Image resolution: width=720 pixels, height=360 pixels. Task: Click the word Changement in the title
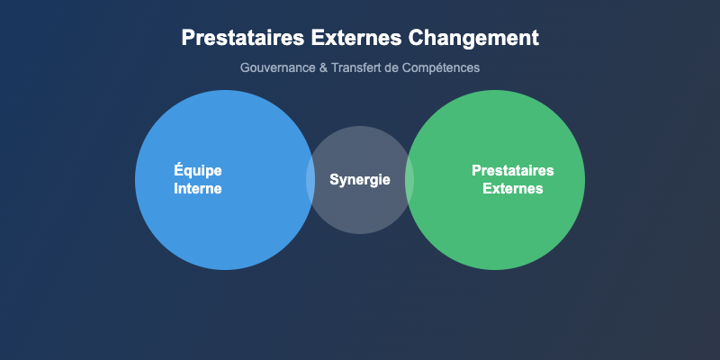474,39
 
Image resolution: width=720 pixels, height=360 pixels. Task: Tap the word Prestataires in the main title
236,39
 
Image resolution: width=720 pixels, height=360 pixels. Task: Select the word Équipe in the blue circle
198,171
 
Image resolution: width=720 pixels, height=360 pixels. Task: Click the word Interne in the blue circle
198,189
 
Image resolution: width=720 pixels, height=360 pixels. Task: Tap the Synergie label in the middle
360,180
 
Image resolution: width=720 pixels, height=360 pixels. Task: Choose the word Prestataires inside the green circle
513,171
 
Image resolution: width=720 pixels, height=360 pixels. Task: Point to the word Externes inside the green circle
513,189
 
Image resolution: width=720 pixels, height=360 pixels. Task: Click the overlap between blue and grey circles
310,180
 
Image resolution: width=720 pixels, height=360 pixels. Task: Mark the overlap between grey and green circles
409,180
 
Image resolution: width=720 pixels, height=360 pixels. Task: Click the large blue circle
225,225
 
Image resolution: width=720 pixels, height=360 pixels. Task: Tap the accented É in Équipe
178,170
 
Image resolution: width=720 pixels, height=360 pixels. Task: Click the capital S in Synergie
335,180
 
